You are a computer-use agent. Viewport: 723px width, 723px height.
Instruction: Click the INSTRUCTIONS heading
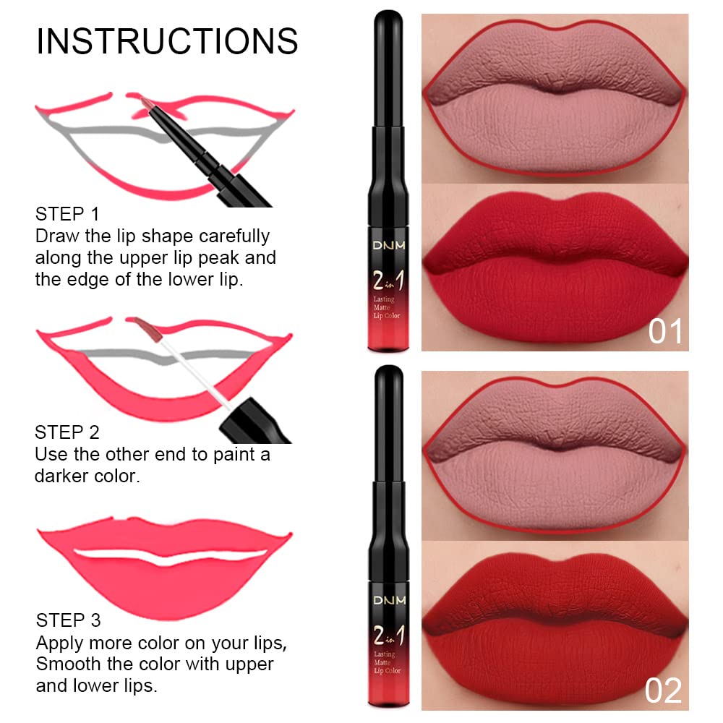pos(167,41)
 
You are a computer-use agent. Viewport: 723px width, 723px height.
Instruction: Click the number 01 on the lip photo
pos(664,331)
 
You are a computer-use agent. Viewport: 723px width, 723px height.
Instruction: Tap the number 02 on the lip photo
pos(664,690)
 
